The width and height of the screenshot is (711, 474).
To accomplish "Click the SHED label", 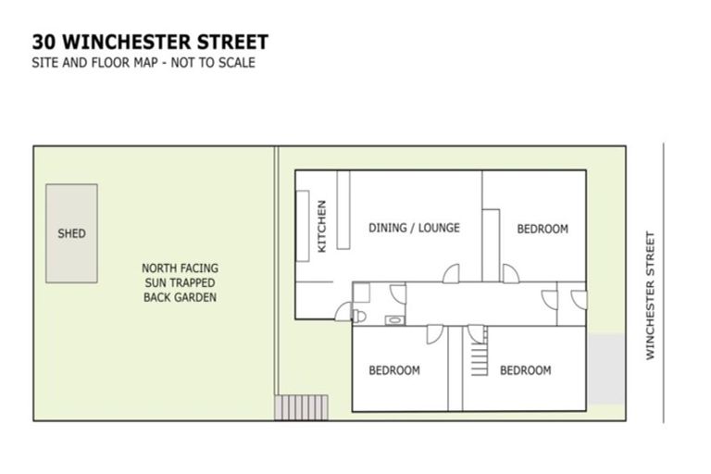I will coord(71,234).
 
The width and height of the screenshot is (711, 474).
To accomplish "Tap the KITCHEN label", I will coord(322,227).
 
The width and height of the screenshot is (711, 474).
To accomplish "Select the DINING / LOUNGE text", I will coord(414,228).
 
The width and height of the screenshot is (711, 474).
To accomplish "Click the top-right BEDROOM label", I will coord(542,229).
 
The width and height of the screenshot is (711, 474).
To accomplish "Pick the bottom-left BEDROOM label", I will coord(393,370).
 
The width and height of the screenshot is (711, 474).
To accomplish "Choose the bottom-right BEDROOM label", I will coord(525,370).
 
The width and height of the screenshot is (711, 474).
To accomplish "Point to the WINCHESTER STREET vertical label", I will coord(650,295).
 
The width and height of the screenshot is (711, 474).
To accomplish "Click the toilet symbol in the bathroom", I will coord(360,316).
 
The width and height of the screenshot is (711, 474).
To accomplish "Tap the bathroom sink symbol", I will coord(394,319).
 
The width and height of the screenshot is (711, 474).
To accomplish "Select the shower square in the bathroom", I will coord(361,293).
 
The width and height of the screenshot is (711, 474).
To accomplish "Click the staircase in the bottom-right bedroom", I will coord(478,357).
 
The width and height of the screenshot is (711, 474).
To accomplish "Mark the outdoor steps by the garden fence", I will coord(301,406).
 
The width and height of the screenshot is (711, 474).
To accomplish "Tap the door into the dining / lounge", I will coord(451,274).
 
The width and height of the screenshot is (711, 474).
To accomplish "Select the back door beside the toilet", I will coord(343,312).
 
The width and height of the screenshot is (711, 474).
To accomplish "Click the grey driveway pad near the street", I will coord(607,368).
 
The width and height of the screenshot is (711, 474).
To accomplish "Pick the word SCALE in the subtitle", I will coord(237,63).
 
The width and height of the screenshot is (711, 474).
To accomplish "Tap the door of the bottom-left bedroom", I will coord(435,333).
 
